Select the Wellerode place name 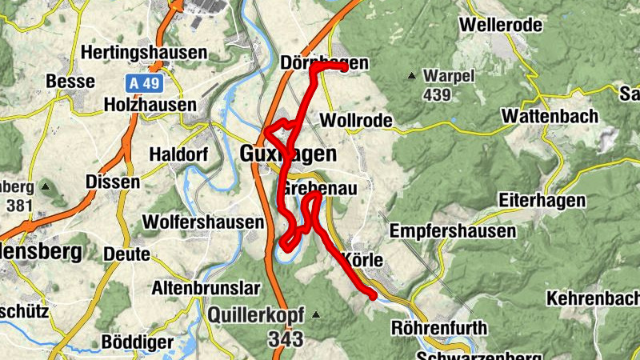pyautogui.click(x=501, y=25)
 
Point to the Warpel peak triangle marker pyautogui.click(x=412, y=77)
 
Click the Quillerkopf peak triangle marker pyautogui.click(x=317, y=314)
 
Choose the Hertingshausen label pyautogui.click(x=144, y=53)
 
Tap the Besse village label pyautogui.click(x=70, y=82)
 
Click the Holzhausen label pyautogui.click(x=150, y=105)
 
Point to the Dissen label pyautogui.click(x=113, y=182)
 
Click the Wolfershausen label pyautogui.click(x=202, y=222)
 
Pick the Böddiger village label pyautogui.click(x=138, y=342)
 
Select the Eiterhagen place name pyautogui.click(x=541, y=200)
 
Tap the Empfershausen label pyautogui.click(x=452, y=231)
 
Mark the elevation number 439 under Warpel pyautogui.click(x=438, y=95)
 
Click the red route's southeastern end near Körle pyautogui.click(x=372, y=296)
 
